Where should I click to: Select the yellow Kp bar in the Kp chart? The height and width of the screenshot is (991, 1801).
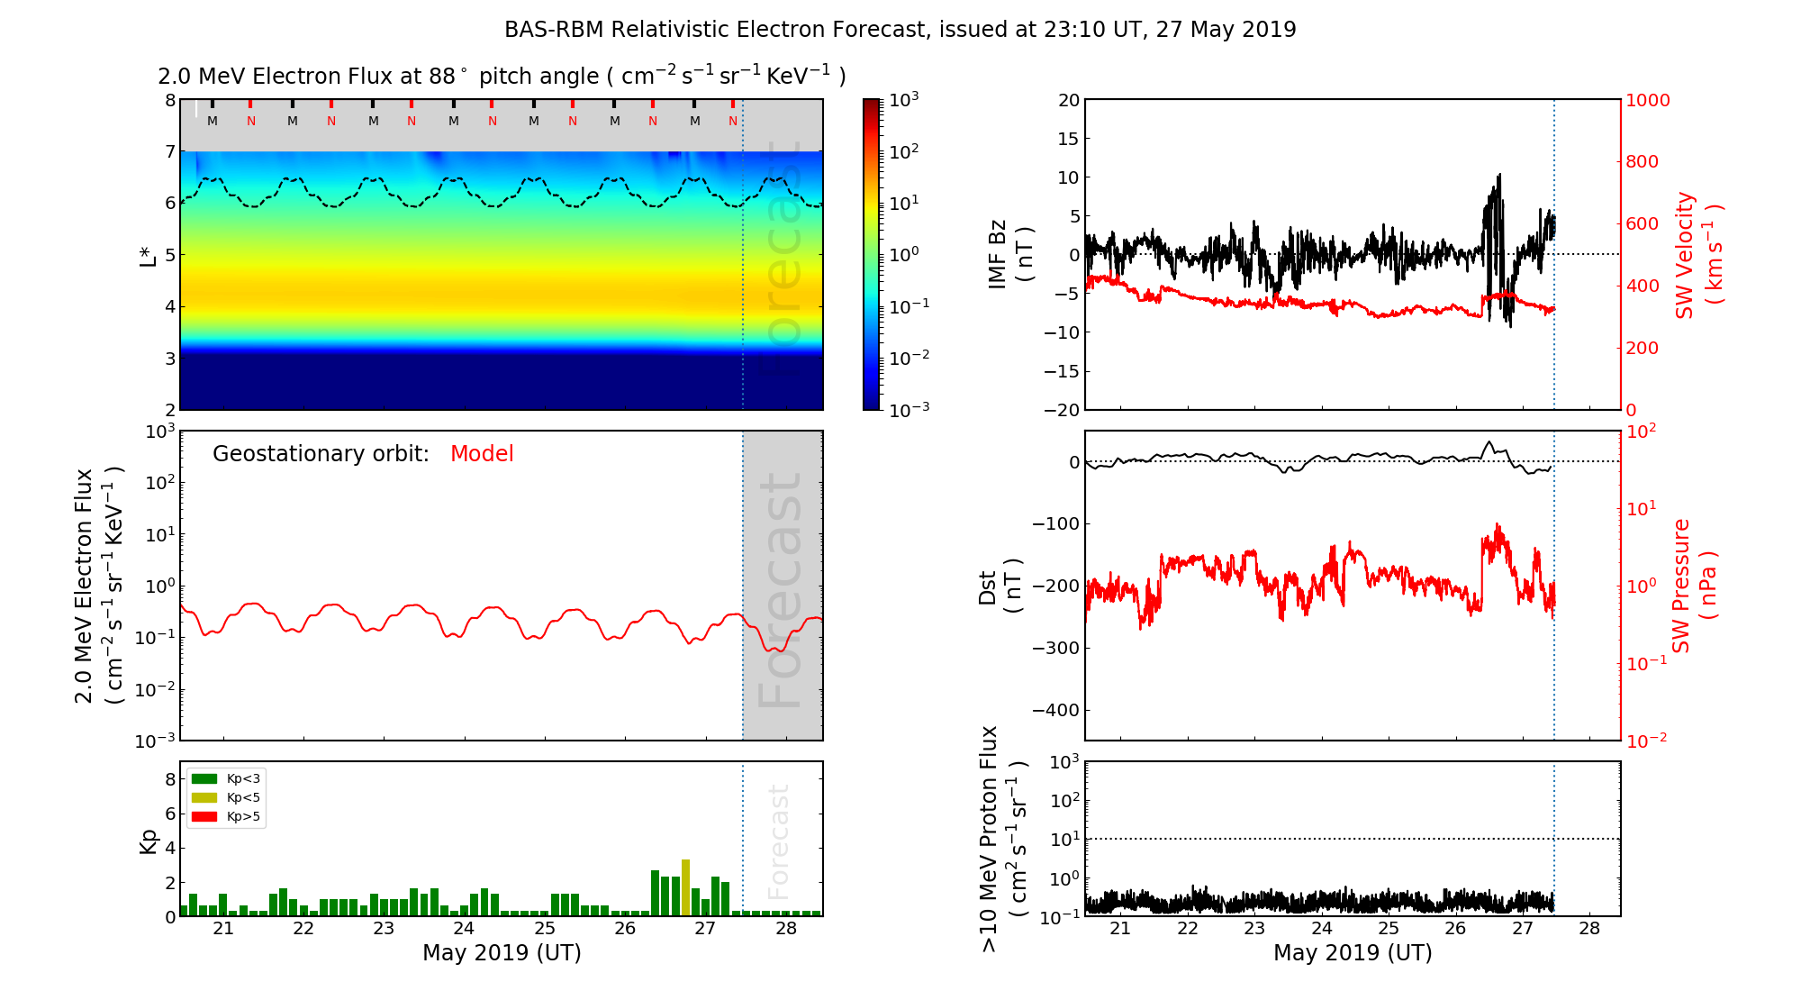click(685, 888)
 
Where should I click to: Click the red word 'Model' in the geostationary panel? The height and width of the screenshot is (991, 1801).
click(482, 454)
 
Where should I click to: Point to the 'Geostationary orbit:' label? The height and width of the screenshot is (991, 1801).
click(321, 454)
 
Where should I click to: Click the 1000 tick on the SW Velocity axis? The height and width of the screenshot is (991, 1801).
click(1647, 100)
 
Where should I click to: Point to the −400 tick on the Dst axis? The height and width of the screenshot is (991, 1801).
click(1055, 710)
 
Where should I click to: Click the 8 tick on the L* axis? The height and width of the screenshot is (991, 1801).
click(169, 100)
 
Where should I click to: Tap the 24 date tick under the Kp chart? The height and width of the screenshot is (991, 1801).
click(464, 929)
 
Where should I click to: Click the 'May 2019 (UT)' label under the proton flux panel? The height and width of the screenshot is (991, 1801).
click(1353, 953)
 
